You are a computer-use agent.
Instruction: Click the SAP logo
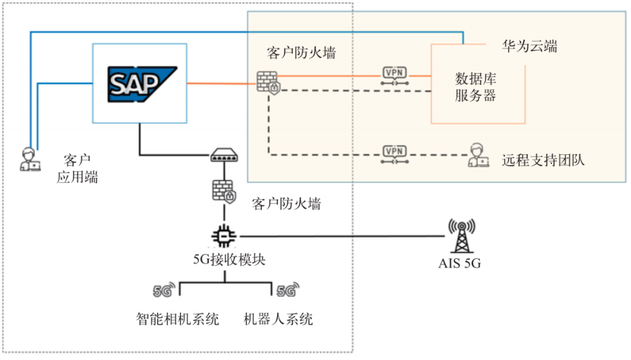coord(140,84)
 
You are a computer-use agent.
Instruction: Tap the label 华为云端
coord(529,46)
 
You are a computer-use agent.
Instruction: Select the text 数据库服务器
coord(476,86)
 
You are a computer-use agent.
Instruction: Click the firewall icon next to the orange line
coord(269,83)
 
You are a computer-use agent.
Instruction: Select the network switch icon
coord(224,155)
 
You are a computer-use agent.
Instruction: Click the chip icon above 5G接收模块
coord(224,236)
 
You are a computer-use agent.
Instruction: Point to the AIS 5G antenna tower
coord(461,236)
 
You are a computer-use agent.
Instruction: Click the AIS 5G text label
coord(460,264)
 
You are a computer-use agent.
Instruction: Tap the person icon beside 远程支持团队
coord(479,155)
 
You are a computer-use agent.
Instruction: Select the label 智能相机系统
coord(178,319)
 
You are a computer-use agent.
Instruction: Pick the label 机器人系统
coord(278,319)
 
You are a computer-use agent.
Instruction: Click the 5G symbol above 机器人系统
coord(287,289)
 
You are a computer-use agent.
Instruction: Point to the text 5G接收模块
coord(229,259)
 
